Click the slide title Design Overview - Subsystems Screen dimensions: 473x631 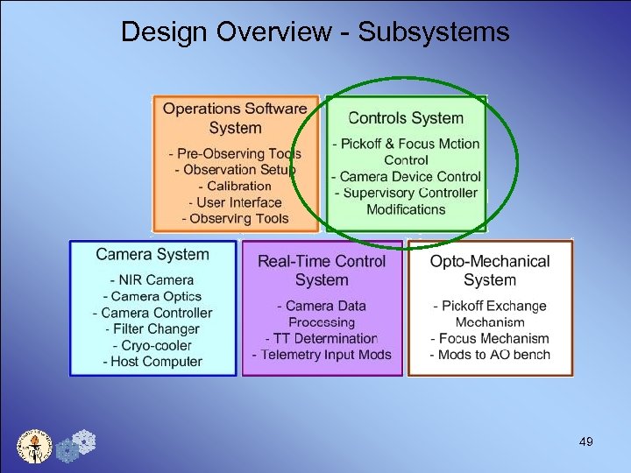pyautogui.click(x=315, y=32)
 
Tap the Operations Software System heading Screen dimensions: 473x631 pyautogui.click(x=235, y=118)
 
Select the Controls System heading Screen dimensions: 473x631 pyautogui.click(x=406, y=118)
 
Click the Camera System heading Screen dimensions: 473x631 pyautogui.click(x=152, y=255)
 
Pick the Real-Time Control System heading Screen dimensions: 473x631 pyautogui.click(x=322, y=271)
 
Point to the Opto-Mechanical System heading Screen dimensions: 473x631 pyautogui.click(x=490, y=271)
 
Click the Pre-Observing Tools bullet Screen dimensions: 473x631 pyautogui.click(x=235, y=154)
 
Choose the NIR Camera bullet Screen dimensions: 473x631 pyautogui.click(x=152, y=280)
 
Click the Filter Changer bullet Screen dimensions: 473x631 pyautogui.click(x=152, y=329)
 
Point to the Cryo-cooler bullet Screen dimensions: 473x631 pyautogui.click(x=152, y=345)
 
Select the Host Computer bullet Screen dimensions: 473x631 pyautogui.click(x=152, y=361)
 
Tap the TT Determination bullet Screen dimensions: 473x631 pyautogui.click(x=322, y=338)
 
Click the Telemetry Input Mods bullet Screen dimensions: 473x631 pyautogui.click(x=322, y=355)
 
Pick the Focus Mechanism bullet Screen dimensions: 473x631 pyautogui.click(x=490, y=338)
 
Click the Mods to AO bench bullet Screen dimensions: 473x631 pyautogui.click(x=490, y=355)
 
